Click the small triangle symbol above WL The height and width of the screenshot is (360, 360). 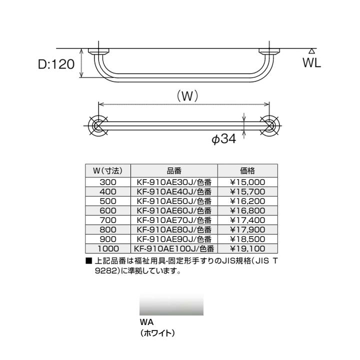311,51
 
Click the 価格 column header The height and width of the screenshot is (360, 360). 247,170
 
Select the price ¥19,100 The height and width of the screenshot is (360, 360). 247,247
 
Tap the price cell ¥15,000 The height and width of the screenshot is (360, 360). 247,182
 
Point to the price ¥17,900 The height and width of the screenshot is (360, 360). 247,229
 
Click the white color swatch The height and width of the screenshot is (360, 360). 171,304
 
